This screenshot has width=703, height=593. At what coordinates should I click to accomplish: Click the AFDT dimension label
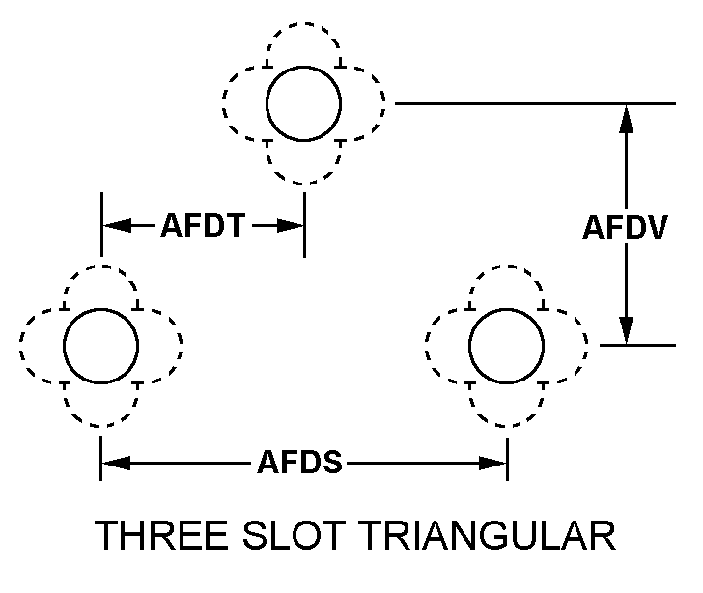[x=203, y=225]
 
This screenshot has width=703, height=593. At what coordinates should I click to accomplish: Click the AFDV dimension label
[x=626, y=227]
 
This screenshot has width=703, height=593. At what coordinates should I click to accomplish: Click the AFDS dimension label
[x=300, y=462]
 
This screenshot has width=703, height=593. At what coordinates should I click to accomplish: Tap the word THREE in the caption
[x=161, y=535]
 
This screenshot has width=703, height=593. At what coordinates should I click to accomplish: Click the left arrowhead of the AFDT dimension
[x=117, y=225]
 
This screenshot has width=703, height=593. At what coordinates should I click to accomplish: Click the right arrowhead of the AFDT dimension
[x=291, y=225]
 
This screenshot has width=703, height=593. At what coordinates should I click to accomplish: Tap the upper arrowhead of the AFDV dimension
[x=627, y=119]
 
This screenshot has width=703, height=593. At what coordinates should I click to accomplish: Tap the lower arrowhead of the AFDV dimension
[x=627, y=330]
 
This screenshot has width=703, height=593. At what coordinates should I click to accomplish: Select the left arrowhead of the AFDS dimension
[x=116, y=463]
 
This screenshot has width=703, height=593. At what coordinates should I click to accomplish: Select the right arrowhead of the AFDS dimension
[x=493, y=463]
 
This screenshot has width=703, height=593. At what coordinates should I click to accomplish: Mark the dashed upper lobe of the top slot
[x=303, y=23]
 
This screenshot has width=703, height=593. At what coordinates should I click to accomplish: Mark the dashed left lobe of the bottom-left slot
[x=20, y=346]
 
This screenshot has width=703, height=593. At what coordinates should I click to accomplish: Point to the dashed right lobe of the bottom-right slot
[x=586, y=346]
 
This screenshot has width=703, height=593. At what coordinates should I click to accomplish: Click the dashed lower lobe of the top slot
[x=303, y=184]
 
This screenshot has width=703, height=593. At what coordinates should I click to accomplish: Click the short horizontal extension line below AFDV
[x=637, y=345]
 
